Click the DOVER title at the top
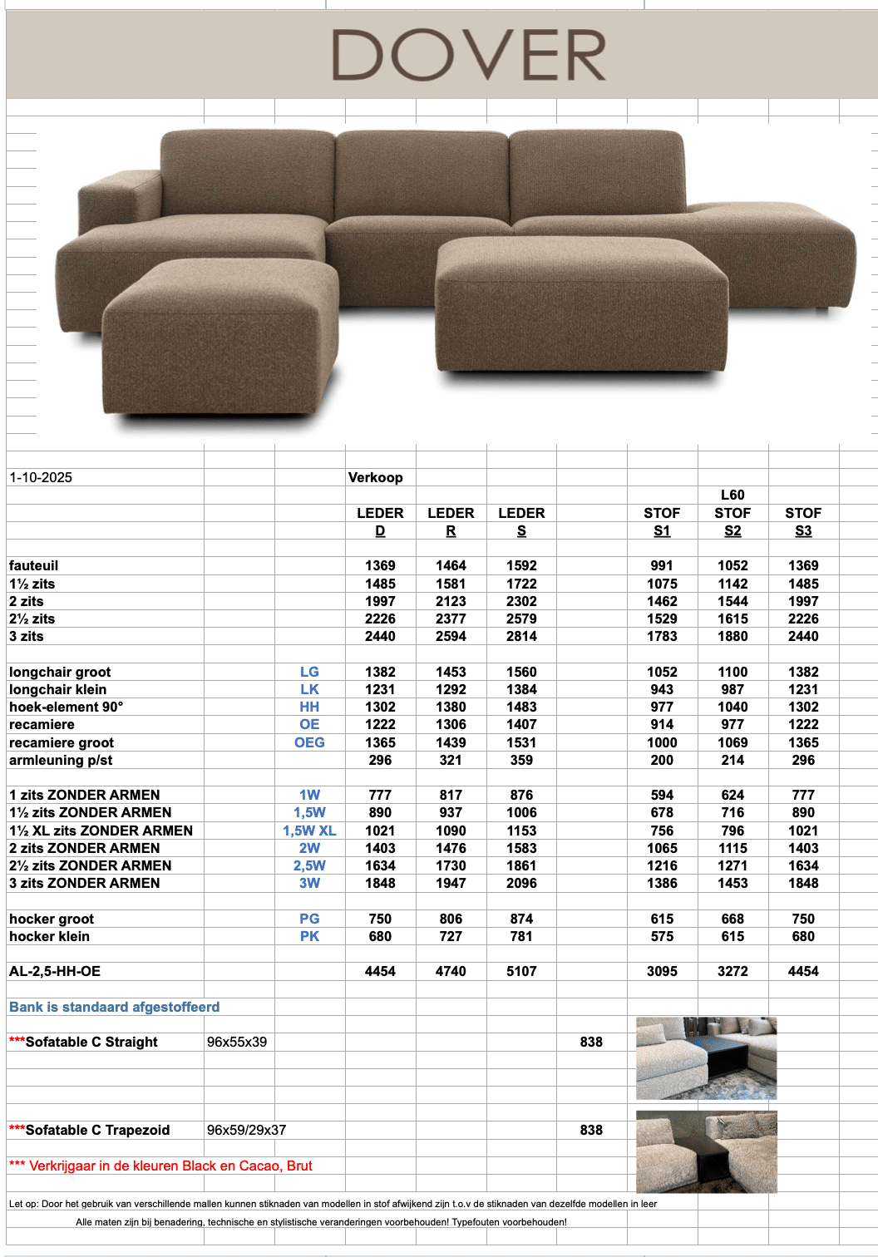point(469,56)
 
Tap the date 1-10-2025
point(41,477)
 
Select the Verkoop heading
point(375,477)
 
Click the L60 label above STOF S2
point(732,495)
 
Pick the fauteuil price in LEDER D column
point(380,565)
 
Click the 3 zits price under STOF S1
point(662,636)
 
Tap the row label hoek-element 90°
point(67,707)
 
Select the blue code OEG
point(309,742)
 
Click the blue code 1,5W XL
point(309,831)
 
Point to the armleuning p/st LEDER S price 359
point(521,760)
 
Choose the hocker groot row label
point(52,919)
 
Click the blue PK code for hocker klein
point(309,936)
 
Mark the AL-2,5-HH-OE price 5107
point(521,971)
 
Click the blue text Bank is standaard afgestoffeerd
point(115,1007)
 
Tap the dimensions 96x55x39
point(237,1042)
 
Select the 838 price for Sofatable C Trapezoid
point(591,1130)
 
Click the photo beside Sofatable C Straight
point(706,1058)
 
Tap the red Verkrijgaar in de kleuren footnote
point(161,1166)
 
